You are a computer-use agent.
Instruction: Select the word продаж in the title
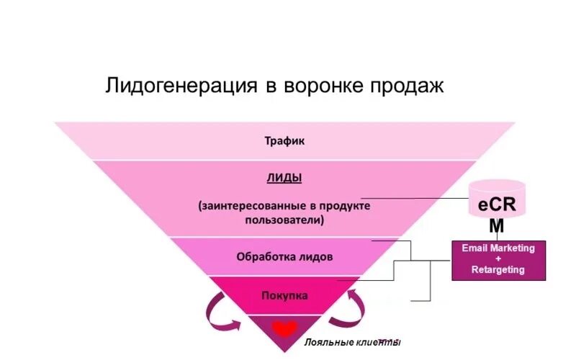click(408, 86)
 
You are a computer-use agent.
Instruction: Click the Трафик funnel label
click(284, 141)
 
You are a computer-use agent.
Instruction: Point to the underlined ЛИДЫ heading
click(284, 177)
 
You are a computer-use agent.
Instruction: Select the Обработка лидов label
click(284, 256)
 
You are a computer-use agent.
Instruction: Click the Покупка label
click(284, 295)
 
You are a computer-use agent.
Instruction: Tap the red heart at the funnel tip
click(284, 329)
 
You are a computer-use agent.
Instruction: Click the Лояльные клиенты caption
click(352, 343)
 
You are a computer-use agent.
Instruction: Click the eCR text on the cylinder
click(496, 205)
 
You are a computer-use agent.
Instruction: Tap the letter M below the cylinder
click(496, 227)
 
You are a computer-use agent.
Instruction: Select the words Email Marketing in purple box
click(498, 248)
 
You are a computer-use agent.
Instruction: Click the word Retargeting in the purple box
click(498, 271)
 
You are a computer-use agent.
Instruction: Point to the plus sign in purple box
click(498, 259)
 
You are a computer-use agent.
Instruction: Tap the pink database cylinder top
click(496, 186)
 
